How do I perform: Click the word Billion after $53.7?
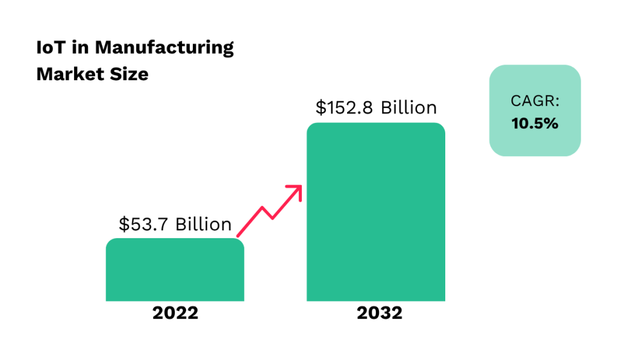coord(203,224)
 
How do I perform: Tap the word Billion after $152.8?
coord(408,108)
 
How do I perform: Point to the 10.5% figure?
coord(534,124)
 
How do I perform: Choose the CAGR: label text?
coord(534,101)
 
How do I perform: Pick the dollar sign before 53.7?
coord(124,224)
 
